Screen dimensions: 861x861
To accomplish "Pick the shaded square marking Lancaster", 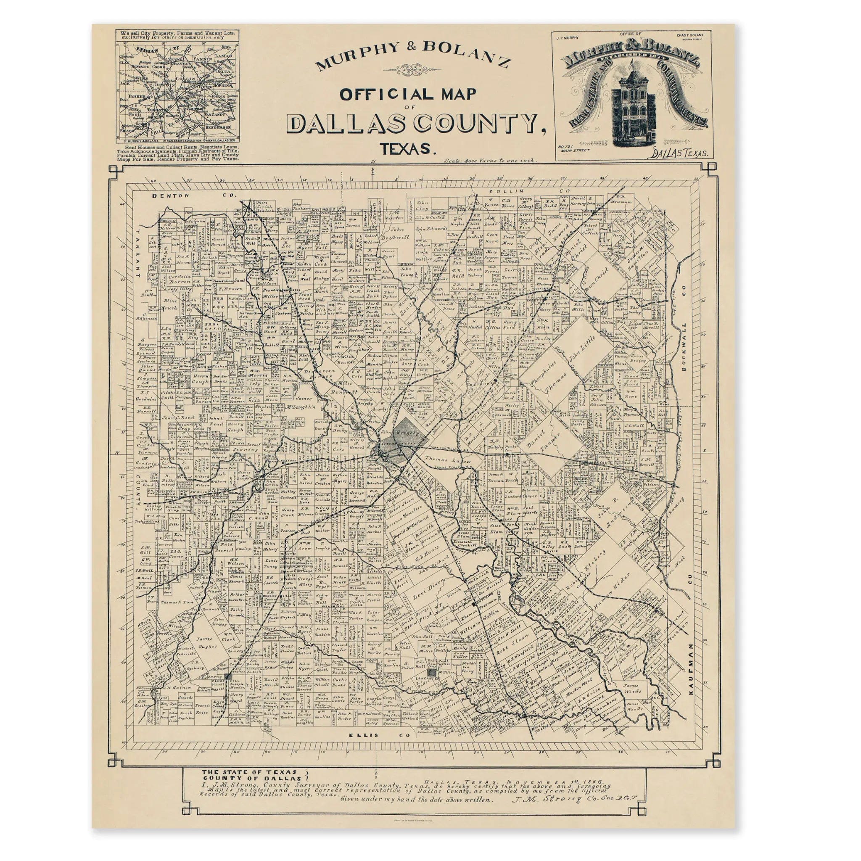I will pyautogui.click(x=431, y=673).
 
